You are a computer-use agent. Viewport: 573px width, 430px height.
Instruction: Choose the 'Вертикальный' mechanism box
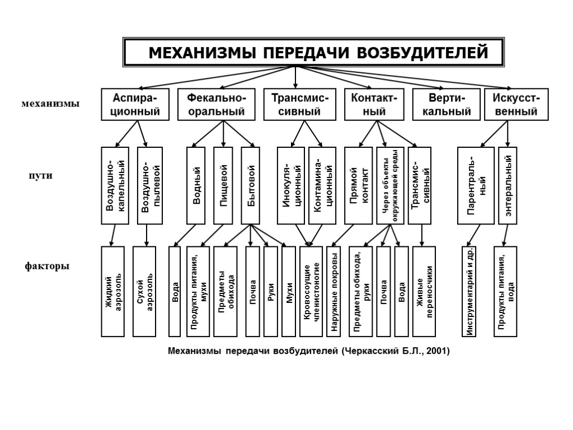[x=446, y=104]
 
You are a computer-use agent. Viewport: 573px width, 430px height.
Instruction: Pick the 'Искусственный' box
[x=515, y=104]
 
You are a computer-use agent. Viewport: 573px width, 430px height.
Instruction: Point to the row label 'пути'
[x=40, y=175]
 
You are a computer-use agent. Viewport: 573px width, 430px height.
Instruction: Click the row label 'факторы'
[x=47, y=266]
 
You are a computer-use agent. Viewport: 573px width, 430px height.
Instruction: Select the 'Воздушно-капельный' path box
[x=115, y=185]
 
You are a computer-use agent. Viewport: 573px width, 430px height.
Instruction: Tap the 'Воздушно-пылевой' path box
[x=150, y=185]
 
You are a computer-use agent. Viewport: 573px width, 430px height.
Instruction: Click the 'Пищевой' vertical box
[x=223, y=185]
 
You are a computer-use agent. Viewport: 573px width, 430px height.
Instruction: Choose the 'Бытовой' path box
[x=251, y=185]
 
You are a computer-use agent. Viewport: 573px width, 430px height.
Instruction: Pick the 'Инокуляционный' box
[x=291, y=185]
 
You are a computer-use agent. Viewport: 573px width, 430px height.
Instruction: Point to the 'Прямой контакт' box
[x=359, y=185]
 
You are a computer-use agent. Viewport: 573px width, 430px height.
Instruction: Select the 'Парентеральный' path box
[x=476, y=185]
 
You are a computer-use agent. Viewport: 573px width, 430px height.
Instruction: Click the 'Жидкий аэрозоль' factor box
[x=112, y=291]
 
